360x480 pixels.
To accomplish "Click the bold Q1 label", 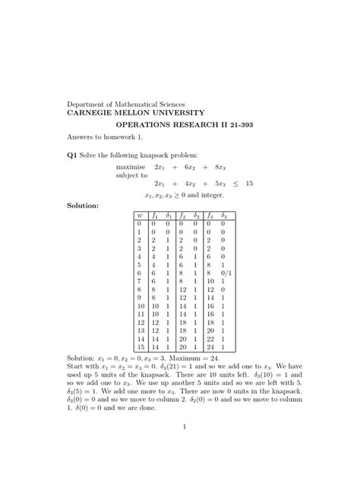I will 72,155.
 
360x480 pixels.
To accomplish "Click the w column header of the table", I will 140,216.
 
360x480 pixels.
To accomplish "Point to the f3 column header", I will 210,216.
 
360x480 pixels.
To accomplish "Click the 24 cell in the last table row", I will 210,347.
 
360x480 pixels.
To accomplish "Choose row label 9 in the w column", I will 140,298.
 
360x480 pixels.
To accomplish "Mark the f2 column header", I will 182,216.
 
